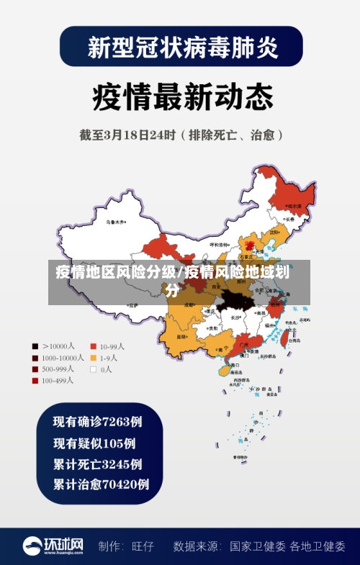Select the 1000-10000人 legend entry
point(58,357)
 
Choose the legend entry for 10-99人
point(108,345)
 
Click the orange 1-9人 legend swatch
point(94,358)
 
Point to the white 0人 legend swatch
point(94,369)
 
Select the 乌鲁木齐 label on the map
point(115,222)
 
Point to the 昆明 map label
point(181,337)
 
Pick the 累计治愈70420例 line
point(101,484)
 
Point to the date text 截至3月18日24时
point(130,134)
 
